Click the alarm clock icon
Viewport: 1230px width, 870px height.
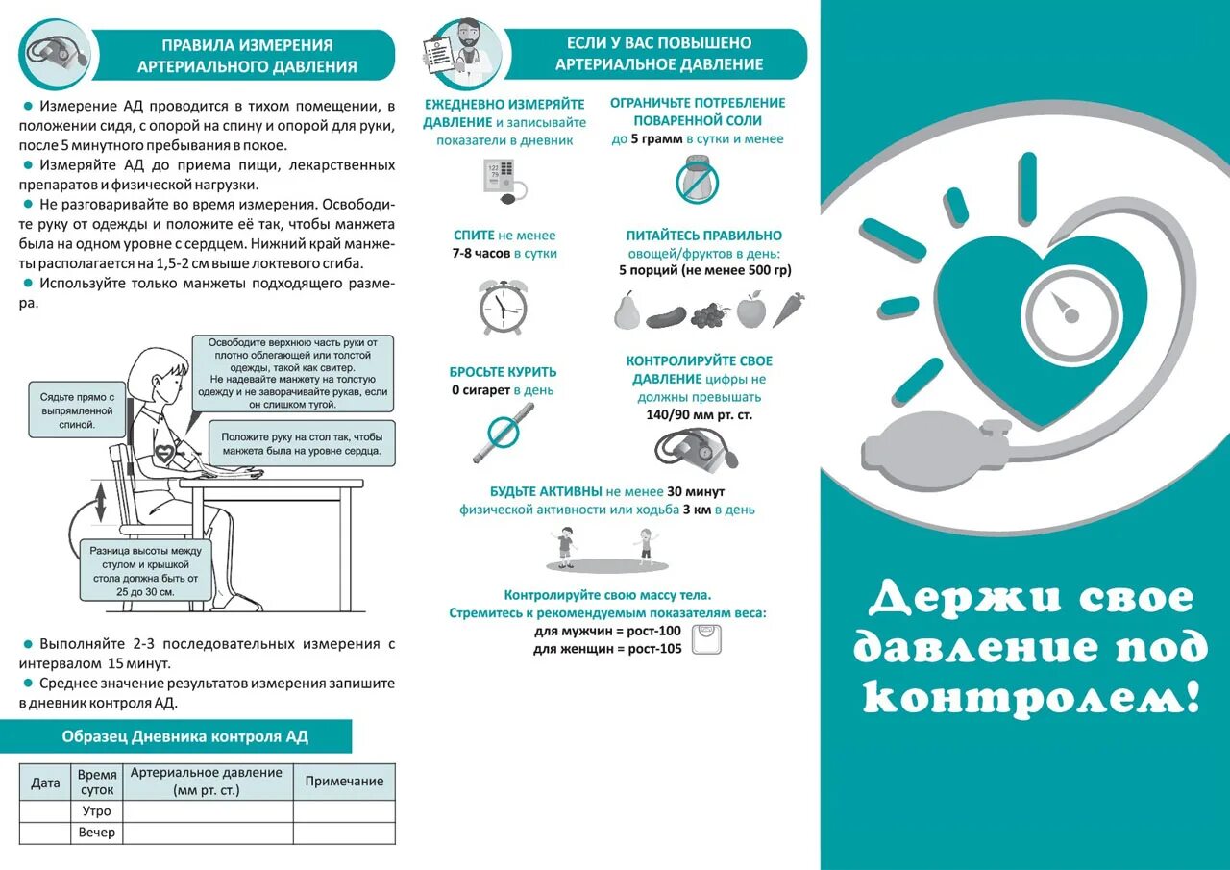(x=503, y=306)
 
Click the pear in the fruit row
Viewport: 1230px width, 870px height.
(x=627, y=311)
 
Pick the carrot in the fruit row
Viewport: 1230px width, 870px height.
(x=788, y=310)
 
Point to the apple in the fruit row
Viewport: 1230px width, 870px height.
(x=750, y=311)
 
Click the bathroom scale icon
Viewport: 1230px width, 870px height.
(x=704, y=639)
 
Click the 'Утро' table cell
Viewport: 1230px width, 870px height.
(x=97, y=811)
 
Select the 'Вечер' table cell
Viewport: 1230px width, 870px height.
(x=97, y=833)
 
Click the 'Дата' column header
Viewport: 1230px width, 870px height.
(x=45, y=783)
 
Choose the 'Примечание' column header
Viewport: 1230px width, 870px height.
(x=344, y=782)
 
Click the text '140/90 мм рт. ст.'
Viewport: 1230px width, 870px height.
(x=699, y=415)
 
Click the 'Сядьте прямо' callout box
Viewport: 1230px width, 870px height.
(x=77, y=410)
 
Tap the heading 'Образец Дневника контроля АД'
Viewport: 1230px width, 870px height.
(x=184, y=737)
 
